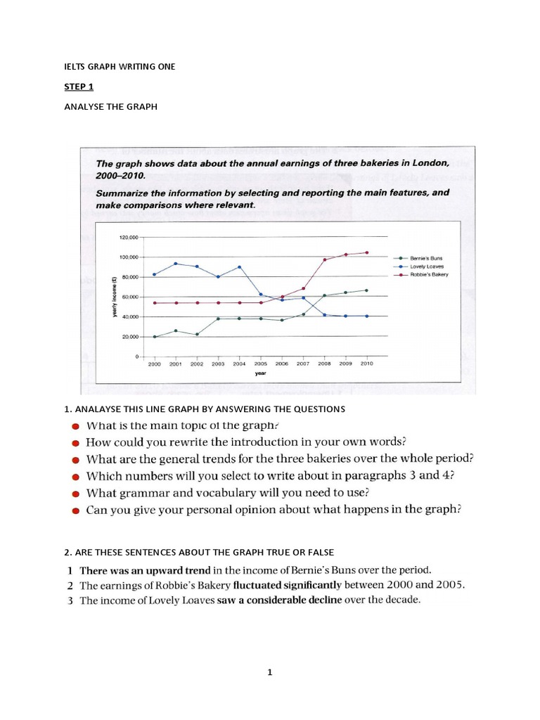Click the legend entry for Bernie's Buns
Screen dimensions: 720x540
coord(426,259)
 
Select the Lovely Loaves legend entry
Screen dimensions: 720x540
coord(426,267)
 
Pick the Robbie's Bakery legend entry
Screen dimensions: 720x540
coord(427,274)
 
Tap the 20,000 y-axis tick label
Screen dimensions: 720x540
coord(129,337)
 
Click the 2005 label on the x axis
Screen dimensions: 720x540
coord(261,364)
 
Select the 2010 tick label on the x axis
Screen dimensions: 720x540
coord(366,364)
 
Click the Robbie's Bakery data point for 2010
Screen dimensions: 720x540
coord(366,252)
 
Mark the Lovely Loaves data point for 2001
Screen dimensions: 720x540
coord(176,264)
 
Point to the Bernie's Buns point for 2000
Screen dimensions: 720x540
coord(155,337)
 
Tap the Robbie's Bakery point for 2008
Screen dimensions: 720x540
coord(324,260)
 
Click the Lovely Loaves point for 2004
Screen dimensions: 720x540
coord(240,267)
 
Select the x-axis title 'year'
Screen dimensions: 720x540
coord(260,373)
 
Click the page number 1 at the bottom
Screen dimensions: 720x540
coord(269,672)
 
